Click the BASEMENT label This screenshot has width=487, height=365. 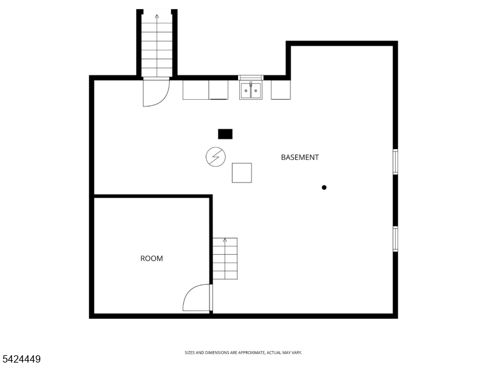pyautogui.click(x=300, y=157)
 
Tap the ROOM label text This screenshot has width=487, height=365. pyautogui.click(x=152, y=259)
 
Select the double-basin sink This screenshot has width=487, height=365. pyautogui.click(x=250, y=91)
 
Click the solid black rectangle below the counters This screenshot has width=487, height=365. pyautogui.click(x=225, y=134)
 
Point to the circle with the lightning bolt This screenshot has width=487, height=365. pyautogui.click(x=215, y=158)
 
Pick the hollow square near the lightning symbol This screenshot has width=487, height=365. pyautogui.click(x=242, y=173)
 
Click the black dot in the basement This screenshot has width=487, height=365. pyautogui.click(x=324, y=187)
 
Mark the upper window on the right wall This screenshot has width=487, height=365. pyautogui.click(x=395, y=161)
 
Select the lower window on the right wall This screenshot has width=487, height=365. pyautogui.click(x=395, y=238)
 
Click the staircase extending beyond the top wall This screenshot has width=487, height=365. pyautogui.click(x=157, y=46)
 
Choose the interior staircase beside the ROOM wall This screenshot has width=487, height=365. pyautogui.click(x=225, y=259)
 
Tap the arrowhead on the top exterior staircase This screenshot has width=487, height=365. pyautogui.click(x=157, y=16)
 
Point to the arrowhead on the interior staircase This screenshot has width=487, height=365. pyautogui.click(x=225, y=240)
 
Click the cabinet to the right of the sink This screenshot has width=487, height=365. pyautogui.click(x=281, y=90)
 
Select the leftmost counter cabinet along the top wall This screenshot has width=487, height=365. pyautogui.click(x=195, y=89)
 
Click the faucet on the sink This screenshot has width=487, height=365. pyautogui.click(x=250, y=85)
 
